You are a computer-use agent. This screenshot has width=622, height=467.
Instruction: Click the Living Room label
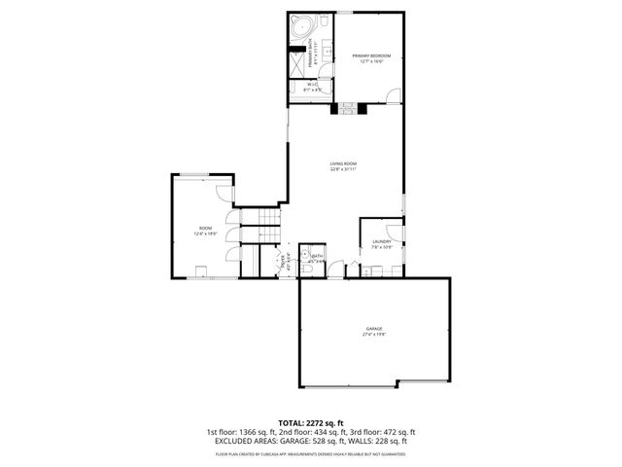tap(343, 165)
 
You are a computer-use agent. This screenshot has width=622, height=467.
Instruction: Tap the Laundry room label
tap(381, 243)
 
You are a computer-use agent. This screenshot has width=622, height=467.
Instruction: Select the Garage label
tap(374, 331)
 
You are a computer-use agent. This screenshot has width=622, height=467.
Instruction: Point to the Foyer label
tap(286, 260)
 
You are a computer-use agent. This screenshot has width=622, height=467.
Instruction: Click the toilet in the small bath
tap(305, 249)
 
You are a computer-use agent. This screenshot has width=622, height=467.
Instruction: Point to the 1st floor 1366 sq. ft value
tap(240, 432)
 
